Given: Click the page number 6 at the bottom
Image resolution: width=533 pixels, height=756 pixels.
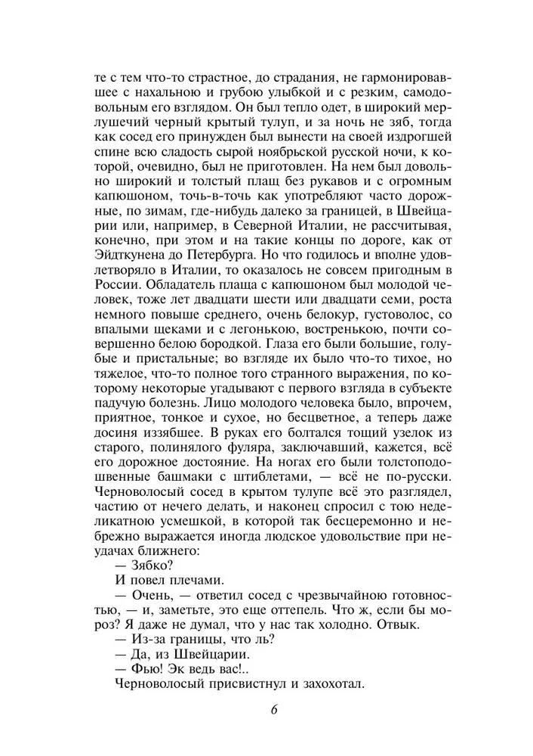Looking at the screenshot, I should click(274, 708).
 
